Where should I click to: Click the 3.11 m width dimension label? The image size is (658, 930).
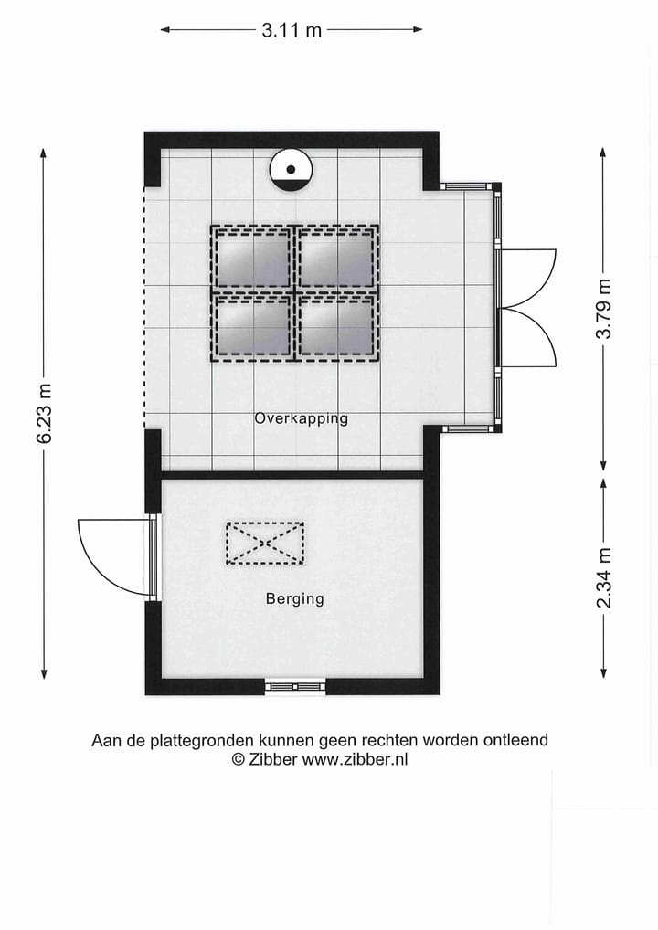pyautogui.click(x=292, y=30)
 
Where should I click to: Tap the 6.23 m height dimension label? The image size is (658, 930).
pyautogui.click(x=44, y=413)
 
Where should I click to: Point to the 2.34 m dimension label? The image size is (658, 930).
pyautogui.click(x=604, y=577)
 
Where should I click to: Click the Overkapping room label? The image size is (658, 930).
pyautogui.click(x=302, y=418)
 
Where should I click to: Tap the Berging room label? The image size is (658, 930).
pyautogui.click(x=294, y=599)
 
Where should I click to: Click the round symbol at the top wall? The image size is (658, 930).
pyautogui.click(x=292, y=170)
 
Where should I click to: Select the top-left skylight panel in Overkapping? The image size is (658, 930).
pyautogui.click(x=251, y=258)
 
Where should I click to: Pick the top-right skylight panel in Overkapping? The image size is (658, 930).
pyautogui.click(x=336, y=258)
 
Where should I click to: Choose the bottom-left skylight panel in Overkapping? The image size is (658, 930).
pyautogui.click(x=251, y=326)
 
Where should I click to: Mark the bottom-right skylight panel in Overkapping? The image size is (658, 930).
pyautogui.click(x=336, y=326)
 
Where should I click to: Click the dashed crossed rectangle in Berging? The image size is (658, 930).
pyautogui.click(x=265, y=543)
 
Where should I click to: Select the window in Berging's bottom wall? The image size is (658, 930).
pyautogui.click(x=294, y=686)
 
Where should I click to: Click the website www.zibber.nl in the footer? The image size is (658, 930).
pyautogui.click(x=355, y=759)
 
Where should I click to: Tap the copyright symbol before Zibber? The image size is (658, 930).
pyautogui.click(x=238, y=759)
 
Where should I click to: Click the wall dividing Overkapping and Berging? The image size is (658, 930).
pyautogui.click(x=292, y=475)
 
